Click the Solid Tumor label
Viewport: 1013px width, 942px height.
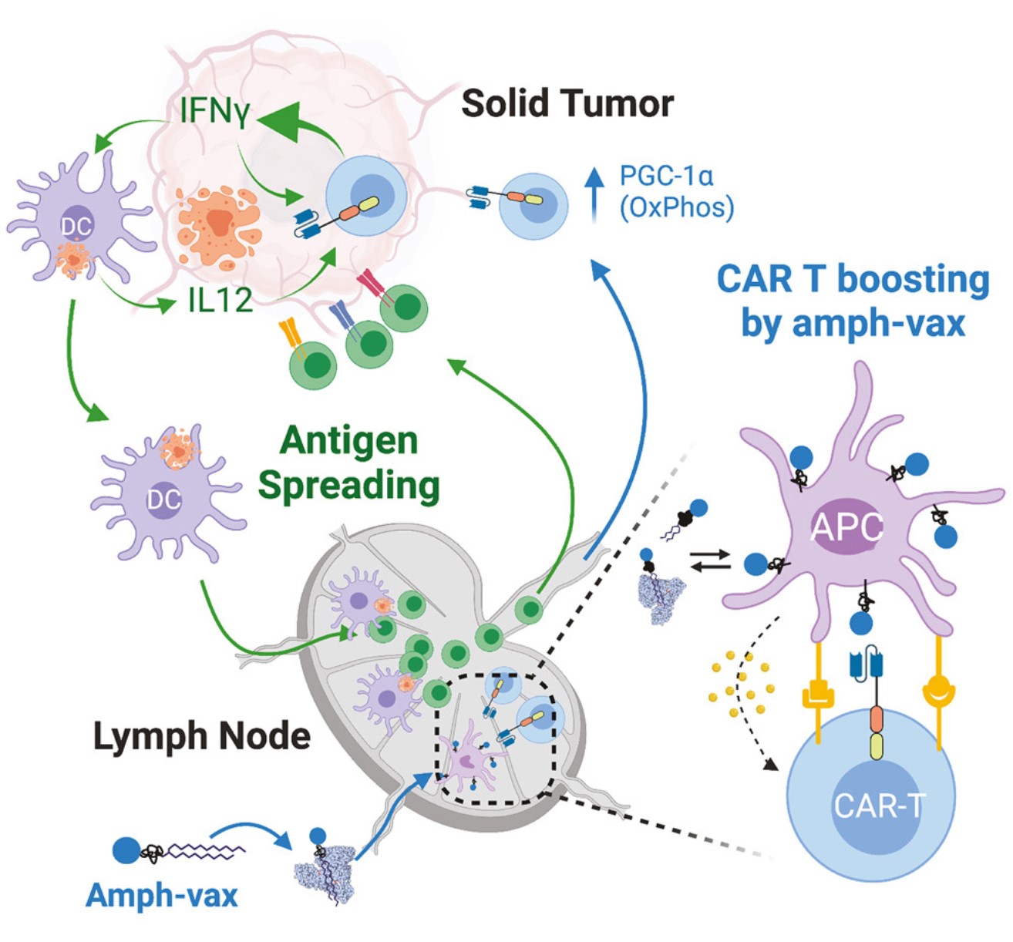point(567,103)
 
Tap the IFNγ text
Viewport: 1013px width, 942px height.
point(214,111)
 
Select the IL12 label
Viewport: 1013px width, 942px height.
point(220,301)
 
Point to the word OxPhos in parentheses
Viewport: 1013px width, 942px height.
point(677,207)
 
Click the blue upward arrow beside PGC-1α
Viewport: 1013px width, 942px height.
point(593,194)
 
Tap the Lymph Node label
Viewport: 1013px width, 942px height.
point(202,736)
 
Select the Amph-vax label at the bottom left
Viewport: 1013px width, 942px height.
point(162,895)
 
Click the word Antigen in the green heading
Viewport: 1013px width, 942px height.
point(349,441)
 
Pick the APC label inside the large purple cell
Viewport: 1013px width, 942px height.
point(846,527)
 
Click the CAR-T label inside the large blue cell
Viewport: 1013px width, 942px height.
point(877,806)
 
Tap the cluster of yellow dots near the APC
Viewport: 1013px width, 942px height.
point(739,682)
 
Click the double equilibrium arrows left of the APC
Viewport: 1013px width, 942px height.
point(710,560)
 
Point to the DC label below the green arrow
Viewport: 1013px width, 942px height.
point(163,500)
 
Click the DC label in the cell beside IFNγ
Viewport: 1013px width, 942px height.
point(76,226)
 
